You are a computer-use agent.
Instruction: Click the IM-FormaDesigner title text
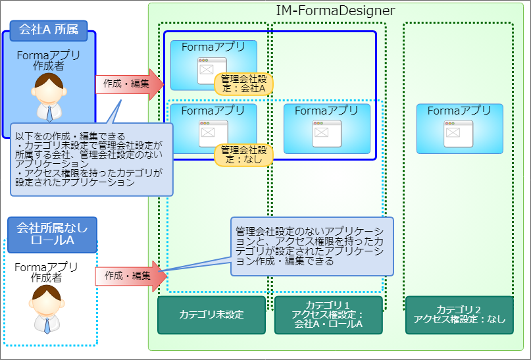coord(335,11)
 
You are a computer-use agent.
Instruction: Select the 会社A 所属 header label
coord(49,30)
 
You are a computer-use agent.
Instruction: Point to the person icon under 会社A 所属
coord(49,95)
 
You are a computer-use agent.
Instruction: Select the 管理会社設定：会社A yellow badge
coord(243,84)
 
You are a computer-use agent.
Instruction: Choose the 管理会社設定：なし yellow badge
coord(243,154)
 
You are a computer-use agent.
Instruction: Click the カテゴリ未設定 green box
coord(211,315)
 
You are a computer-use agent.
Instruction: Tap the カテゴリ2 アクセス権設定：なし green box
coord(459,315)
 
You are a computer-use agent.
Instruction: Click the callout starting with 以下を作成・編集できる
coord(91,159)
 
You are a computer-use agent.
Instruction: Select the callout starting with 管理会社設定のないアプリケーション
coord(311,246)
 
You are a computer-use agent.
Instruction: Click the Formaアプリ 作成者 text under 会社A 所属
coord(49,61)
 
